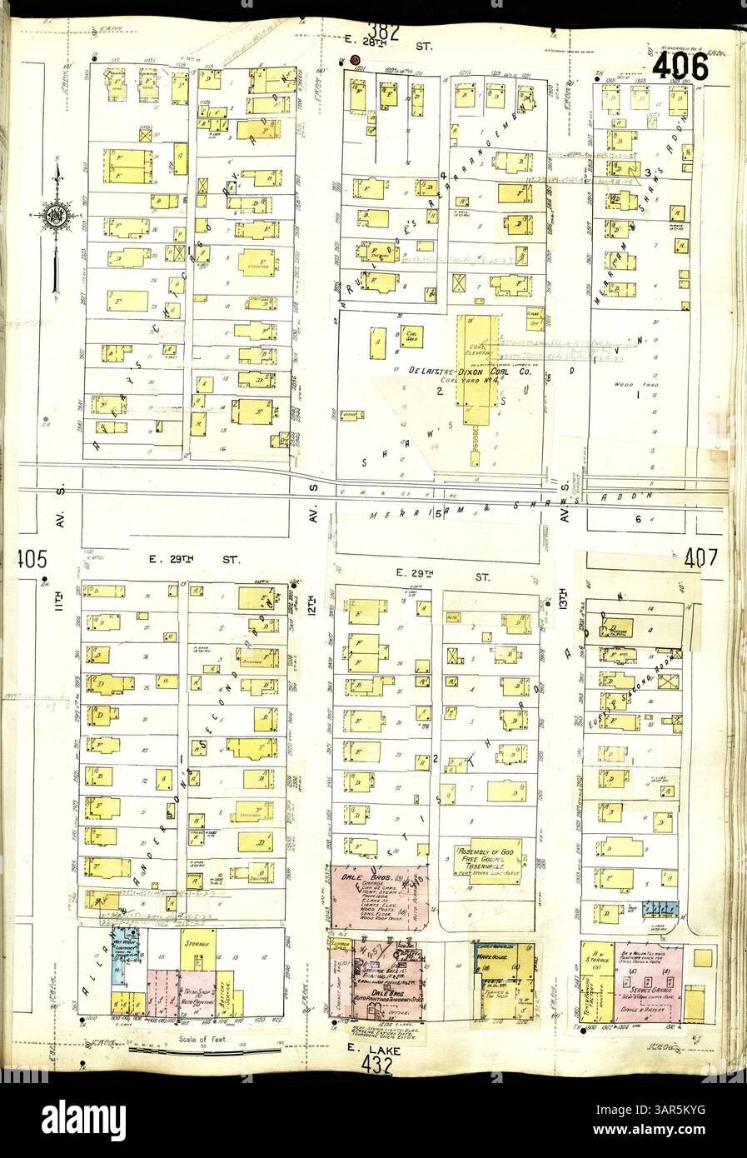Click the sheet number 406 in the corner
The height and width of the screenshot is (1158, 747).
pyautogui.click(x=680, y=67)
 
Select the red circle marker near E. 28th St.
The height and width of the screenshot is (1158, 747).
pyautogui.click(x=356, y=60)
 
